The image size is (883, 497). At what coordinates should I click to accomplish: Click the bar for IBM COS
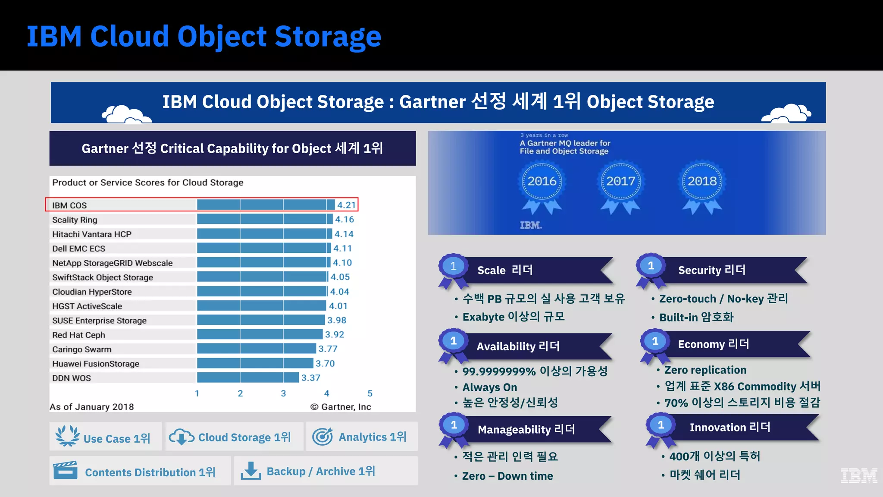click(x=266, y=205)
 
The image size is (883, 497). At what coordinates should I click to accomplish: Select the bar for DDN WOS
click(x=248, y=378)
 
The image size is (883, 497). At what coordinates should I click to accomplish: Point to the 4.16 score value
click(x=344, y=220)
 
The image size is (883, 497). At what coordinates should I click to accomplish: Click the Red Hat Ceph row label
click(x=78, y=335)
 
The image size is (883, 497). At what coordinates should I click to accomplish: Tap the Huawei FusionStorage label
click(x=96, y=364)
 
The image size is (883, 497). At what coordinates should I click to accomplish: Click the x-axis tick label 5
click(x=370, y=393)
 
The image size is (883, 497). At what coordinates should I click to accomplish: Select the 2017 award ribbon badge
click(x=621, y=186)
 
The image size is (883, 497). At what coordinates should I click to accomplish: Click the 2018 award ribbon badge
click(x=702, y=186)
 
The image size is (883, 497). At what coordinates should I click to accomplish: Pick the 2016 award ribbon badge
click(x=542, y=186)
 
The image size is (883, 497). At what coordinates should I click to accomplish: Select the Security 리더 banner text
click(x=711, y=270)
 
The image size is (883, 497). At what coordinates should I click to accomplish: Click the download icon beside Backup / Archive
click(x=250, y=471)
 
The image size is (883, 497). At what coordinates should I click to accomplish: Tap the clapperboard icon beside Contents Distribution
click(x=65, y=471)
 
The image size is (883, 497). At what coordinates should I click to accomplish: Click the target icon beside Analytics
click(x=323, y=437)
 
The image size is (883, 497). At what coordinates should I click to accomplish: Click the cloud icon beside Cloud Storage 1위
click(x=182, y=437)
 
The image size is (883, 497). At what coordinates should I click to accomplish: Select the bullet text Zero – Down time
click(x=507, y=476)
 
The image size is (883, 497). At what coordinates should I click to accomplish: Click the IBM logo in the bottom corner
click(x=859, y=475)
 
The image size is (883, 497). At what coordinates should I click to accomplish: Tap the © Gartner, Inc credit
click(x=341, y=407)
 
